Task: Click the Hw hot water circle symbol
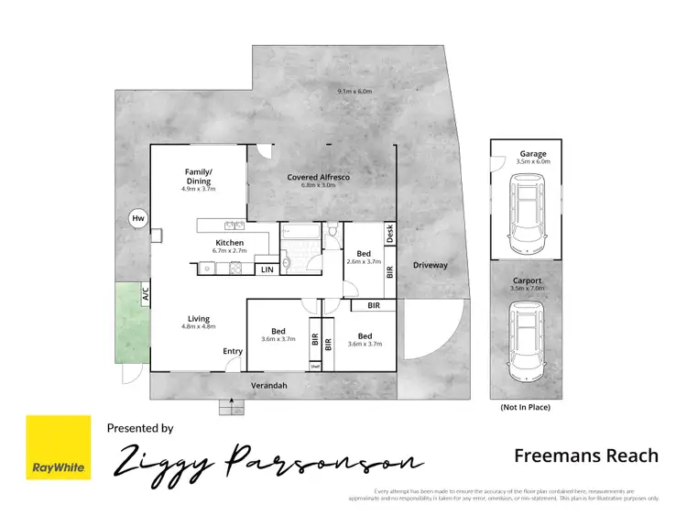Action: click(x=138, y=218)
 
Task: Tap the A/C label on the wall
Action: click(x=145, y=294)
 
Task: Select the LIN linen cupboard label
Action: click(x=267, y=269)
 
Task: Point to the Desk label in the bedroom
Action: click(x=389, y=234)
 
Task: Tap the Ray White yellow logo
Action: click(x=58, y=447)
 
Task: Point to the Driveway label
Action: click(x=430, y=265)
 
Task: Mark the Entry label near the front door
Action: click(x=233, y=351)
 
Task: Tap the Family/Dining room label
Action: click(x=199, y=176)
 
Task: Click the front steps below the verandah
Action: click(x=231, y=407)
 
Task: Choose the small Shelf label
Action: click(x=315, y=367)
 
